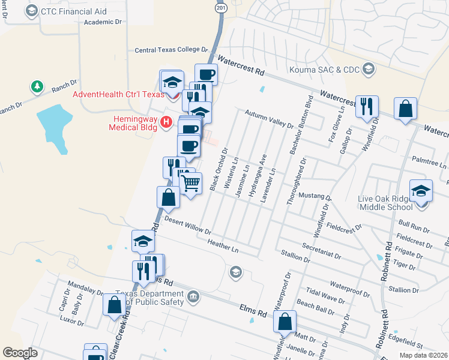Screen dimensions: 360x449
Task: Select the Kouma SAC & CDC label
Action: pos(324,70)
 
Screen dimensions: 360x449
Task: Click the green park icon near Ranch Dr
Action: pos(38,87)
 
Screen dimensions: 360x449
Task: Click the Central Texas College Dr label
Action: pos(170,51)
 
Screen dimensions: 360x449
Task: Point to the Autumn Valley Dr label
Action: pos(269,119)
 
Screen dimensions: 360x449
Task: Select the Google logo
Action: pos(20,353)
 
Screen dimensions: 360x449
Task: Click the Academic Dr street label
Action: pos(103,22)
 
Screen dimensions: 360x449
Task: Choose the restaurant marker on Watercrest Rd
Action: pos(366,106)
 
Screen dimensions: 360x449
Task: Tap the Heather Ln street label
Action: pos(223,245)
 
